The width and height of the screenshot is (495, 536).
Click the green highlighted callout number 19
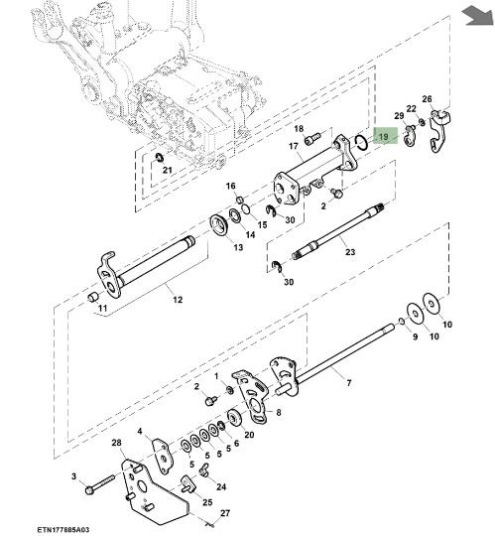click(x=384, y=137)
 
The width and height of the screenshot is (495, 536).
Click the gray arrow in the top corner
click(x=477, y=16)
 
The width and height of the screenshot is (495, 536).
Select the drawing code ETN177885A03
click(x=63, y=530)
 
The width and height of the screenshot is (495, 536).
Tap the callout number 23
click(x=350, y=252)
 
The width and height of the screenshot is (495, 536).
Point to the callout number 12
click(x=178, y=300)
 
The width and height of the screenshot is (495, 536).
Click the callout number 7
click(x=349, y=383)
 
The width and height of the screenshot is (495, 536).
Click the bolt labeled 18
click(x=311, y=139)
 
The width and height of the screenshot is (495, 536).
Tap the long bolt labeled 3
click(x=100, y=485)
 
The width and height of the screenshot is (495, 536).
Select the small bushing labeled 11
click(x=93, y=297)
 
